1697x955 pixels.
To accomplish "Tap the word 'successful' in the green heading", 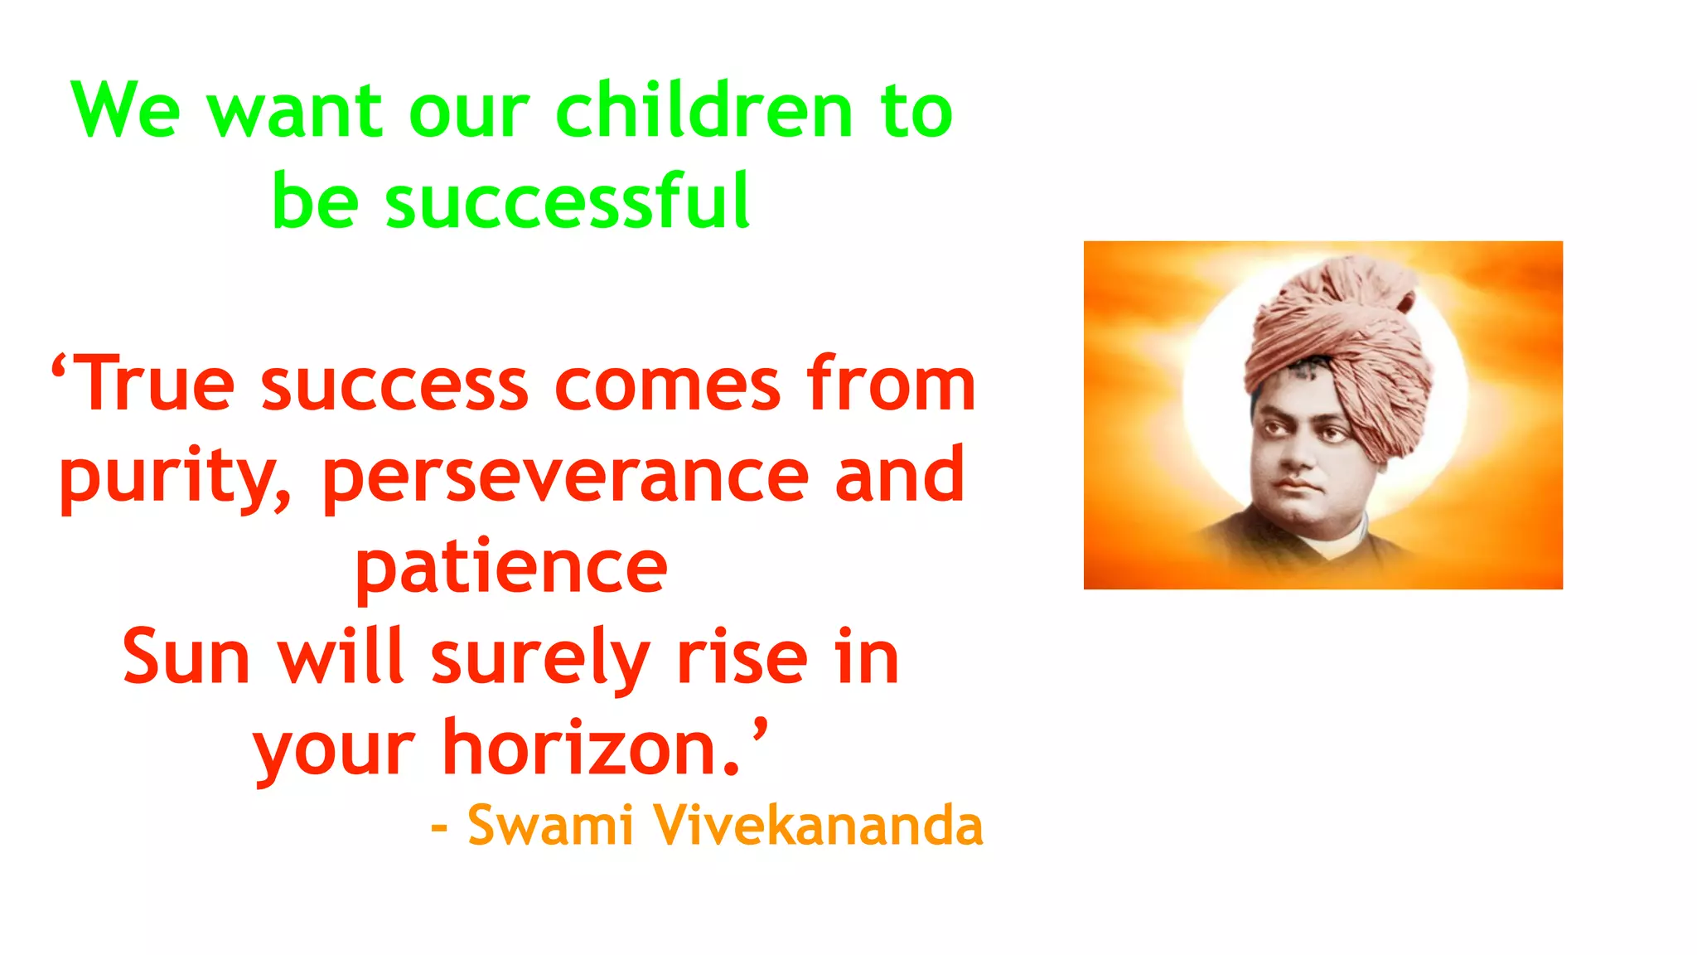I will coord(568,201).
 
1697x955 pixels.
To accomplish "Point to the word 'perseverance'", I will coord(565,477).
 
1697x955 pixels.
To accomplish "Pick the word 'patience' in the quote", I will coord(511,568).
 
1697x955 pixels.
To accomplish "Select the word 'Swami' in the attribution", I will coord(550,826).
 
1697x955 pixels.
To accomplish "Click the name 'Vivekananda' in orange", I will coord(818,826).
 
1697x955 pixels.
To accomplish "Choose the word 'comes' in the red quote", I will coord(667,385).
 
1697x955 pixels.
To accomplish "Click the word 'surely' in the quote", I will coord(539,659).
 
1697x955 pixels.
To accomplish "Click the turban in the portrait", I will coord(1338,340).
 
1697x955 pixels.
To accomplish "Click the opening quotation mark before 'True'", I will coord(59,364).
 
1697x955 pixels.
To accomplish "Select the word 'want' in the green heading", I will coord(295,113).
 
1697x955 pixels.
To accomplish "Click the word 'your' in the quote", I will coord(334,750).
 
